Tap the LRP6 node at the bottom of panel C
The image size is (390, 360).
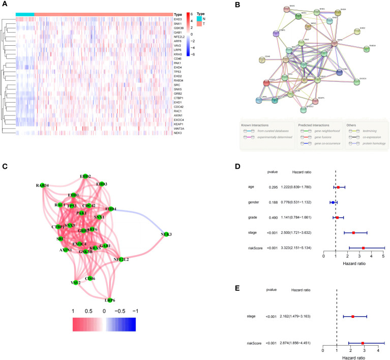pos(108,299)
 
